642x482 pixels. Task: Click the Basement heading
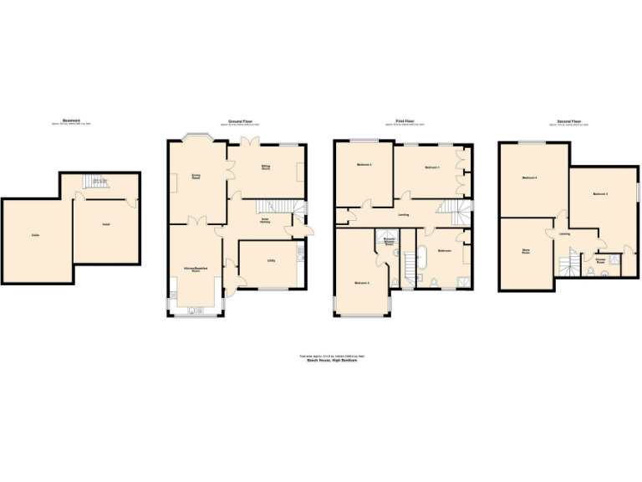tap(72, 120)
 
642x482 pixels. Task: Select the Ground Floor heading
tap(241, 120)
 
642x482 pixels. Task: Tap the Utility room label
tap(272, 260)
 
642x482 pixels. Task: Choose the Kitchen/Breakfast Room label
tap(196, 269)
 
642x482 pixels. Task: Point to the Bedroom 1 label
tap(432, 168)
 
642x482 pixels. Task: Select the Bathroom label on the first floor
tap(445, 250)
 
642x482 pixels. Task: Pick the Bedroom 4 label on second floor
tap(529, 178)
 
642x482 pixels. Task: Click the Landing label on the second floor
tap(564, 234)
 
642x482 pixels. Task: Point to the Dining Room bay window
tap(196, 137)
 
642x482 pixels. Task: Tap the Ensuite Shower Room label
tap(390, 242)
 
